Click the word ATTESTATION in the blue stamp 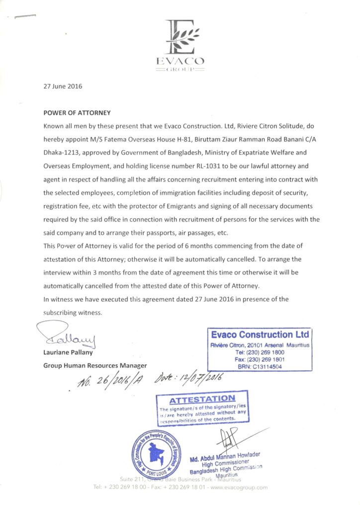202,399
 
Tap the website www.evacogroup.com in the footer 239,487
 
